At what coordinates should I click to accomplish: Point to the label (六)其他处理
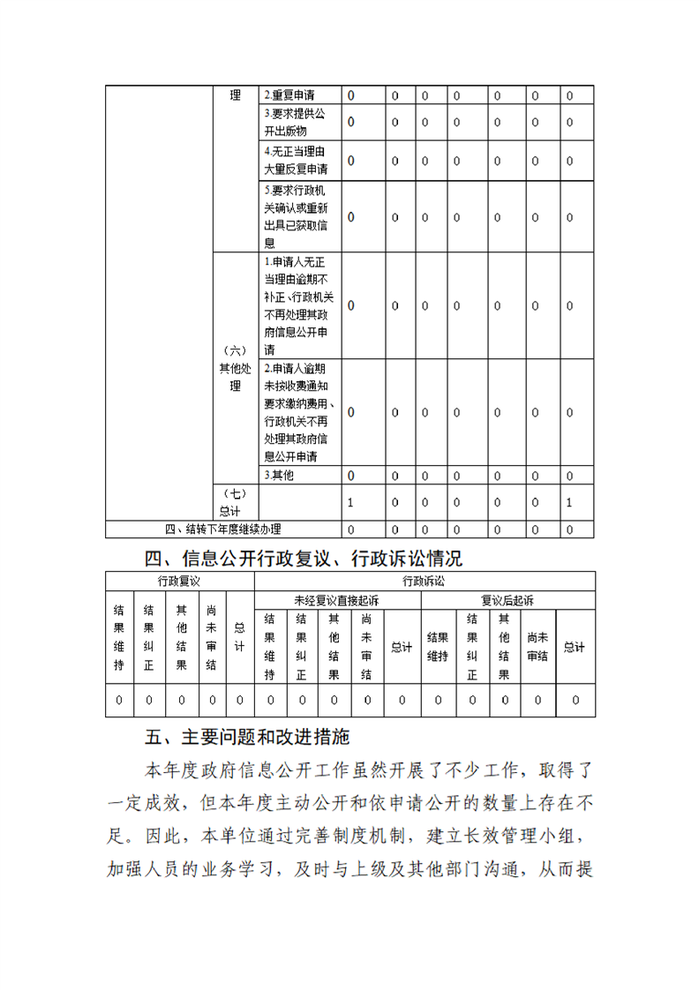pos(235,368)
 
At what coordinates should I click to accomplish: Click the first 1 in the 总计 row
pos(350,503)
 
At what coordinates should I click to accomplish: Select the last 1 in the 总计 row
pos(569,503)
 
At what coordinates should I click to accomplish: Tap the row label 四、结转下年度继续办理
pos(223,529)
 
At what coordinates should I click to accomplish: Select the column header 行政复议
pos(179,581)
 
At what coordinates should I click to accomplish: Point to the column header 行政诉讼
pos(425,581)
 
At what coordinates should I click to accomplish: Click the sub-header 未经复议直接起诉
pos(336,600)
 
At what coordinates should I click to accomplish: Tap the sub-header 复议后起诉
pos(507,600)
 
